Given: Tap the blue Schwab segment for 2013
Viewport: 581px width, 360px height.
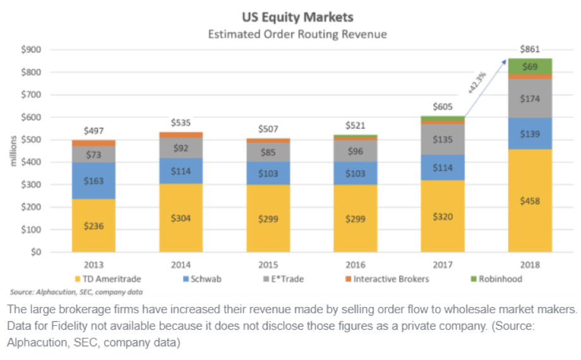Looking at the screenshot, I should coord(93,181).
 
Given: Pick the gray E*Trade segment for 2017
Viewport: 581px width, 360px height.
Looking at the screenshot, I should coord(443,139).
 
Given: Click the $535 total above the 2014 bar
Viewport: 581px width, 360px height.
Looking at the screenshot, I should coord(181,122).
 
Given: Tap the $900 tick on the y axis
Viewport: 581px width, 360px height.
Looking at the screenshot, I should coord(32,50).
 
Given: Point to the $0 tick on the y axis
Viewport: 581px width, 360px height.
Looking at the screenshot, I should coord(36,252).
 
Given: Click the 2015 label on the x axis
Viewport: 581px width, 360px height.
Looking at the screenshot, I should coord(268,265).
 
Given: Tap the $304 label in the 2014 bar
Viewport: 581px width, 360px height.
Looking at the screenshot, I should coord(181,219).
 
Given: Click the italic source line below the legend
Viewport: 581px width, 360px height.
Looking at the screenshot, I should coord(76,292).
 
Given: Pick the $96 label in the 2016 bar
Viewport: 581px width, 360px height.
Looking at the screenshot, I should coord(356,151).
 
